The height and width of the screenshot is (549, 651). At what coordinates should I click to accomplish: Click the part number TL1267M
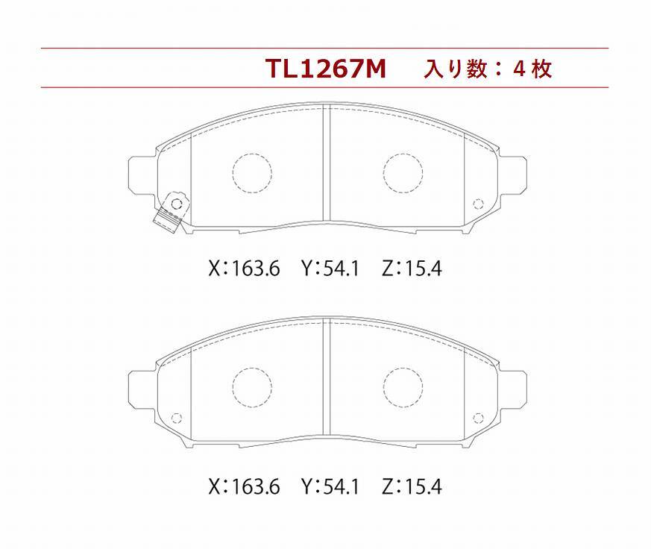coord(326,69)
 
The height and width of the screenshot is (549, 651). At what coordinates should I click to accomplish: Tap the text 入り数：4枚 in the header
coord(488,69)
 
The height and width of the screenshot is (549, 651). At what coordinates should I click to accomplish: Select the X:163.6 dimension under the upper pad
coord(244,269)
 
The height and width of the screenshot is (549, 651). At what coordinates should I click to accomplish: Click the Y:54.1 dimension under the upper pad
coord(330,269)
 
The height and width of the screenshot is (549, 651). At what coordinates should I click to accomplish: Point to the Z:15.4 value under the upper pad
coord(411,269)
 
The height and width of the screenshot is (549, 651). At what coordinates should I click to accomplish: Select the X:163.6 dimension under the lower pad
coord(244,487)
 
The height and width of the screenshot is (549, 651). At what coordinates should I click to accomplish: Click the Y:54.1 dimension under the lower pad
coord(330,487)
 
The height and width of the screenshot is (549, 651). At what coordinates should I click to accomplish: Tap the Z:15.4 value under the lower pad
coord(411,487)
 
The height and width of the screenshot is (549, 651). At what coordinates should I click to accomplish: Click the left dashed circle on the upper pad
coord(251,172)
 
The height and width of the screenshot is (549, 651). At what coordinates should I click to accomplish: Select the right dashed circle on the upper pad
coord(403,172)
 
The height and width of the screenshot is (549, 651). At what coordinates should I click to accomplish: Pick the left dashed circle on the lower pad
coord(251,387)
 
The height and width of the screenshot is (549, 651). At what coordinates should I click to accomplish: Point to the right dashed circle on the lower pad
coord(403,387)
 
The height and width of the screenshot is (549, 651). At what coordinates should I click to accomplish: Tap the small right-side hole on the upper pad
coord(478,202)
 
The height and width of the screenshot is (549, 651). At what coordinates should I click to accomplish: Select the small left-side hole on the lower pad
coord(177,417)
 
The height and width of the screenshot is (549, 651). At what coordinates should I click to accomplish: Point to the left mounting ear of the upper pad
coord(142,178)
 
